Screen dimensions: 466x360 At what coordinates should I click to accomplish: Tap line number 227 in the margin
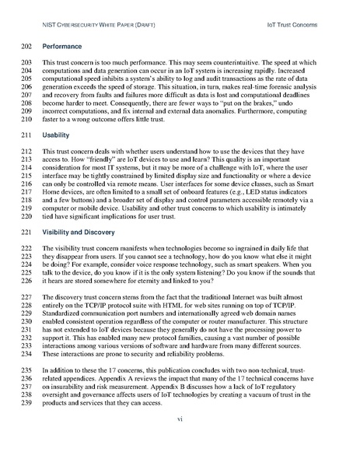coord(23,320)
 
